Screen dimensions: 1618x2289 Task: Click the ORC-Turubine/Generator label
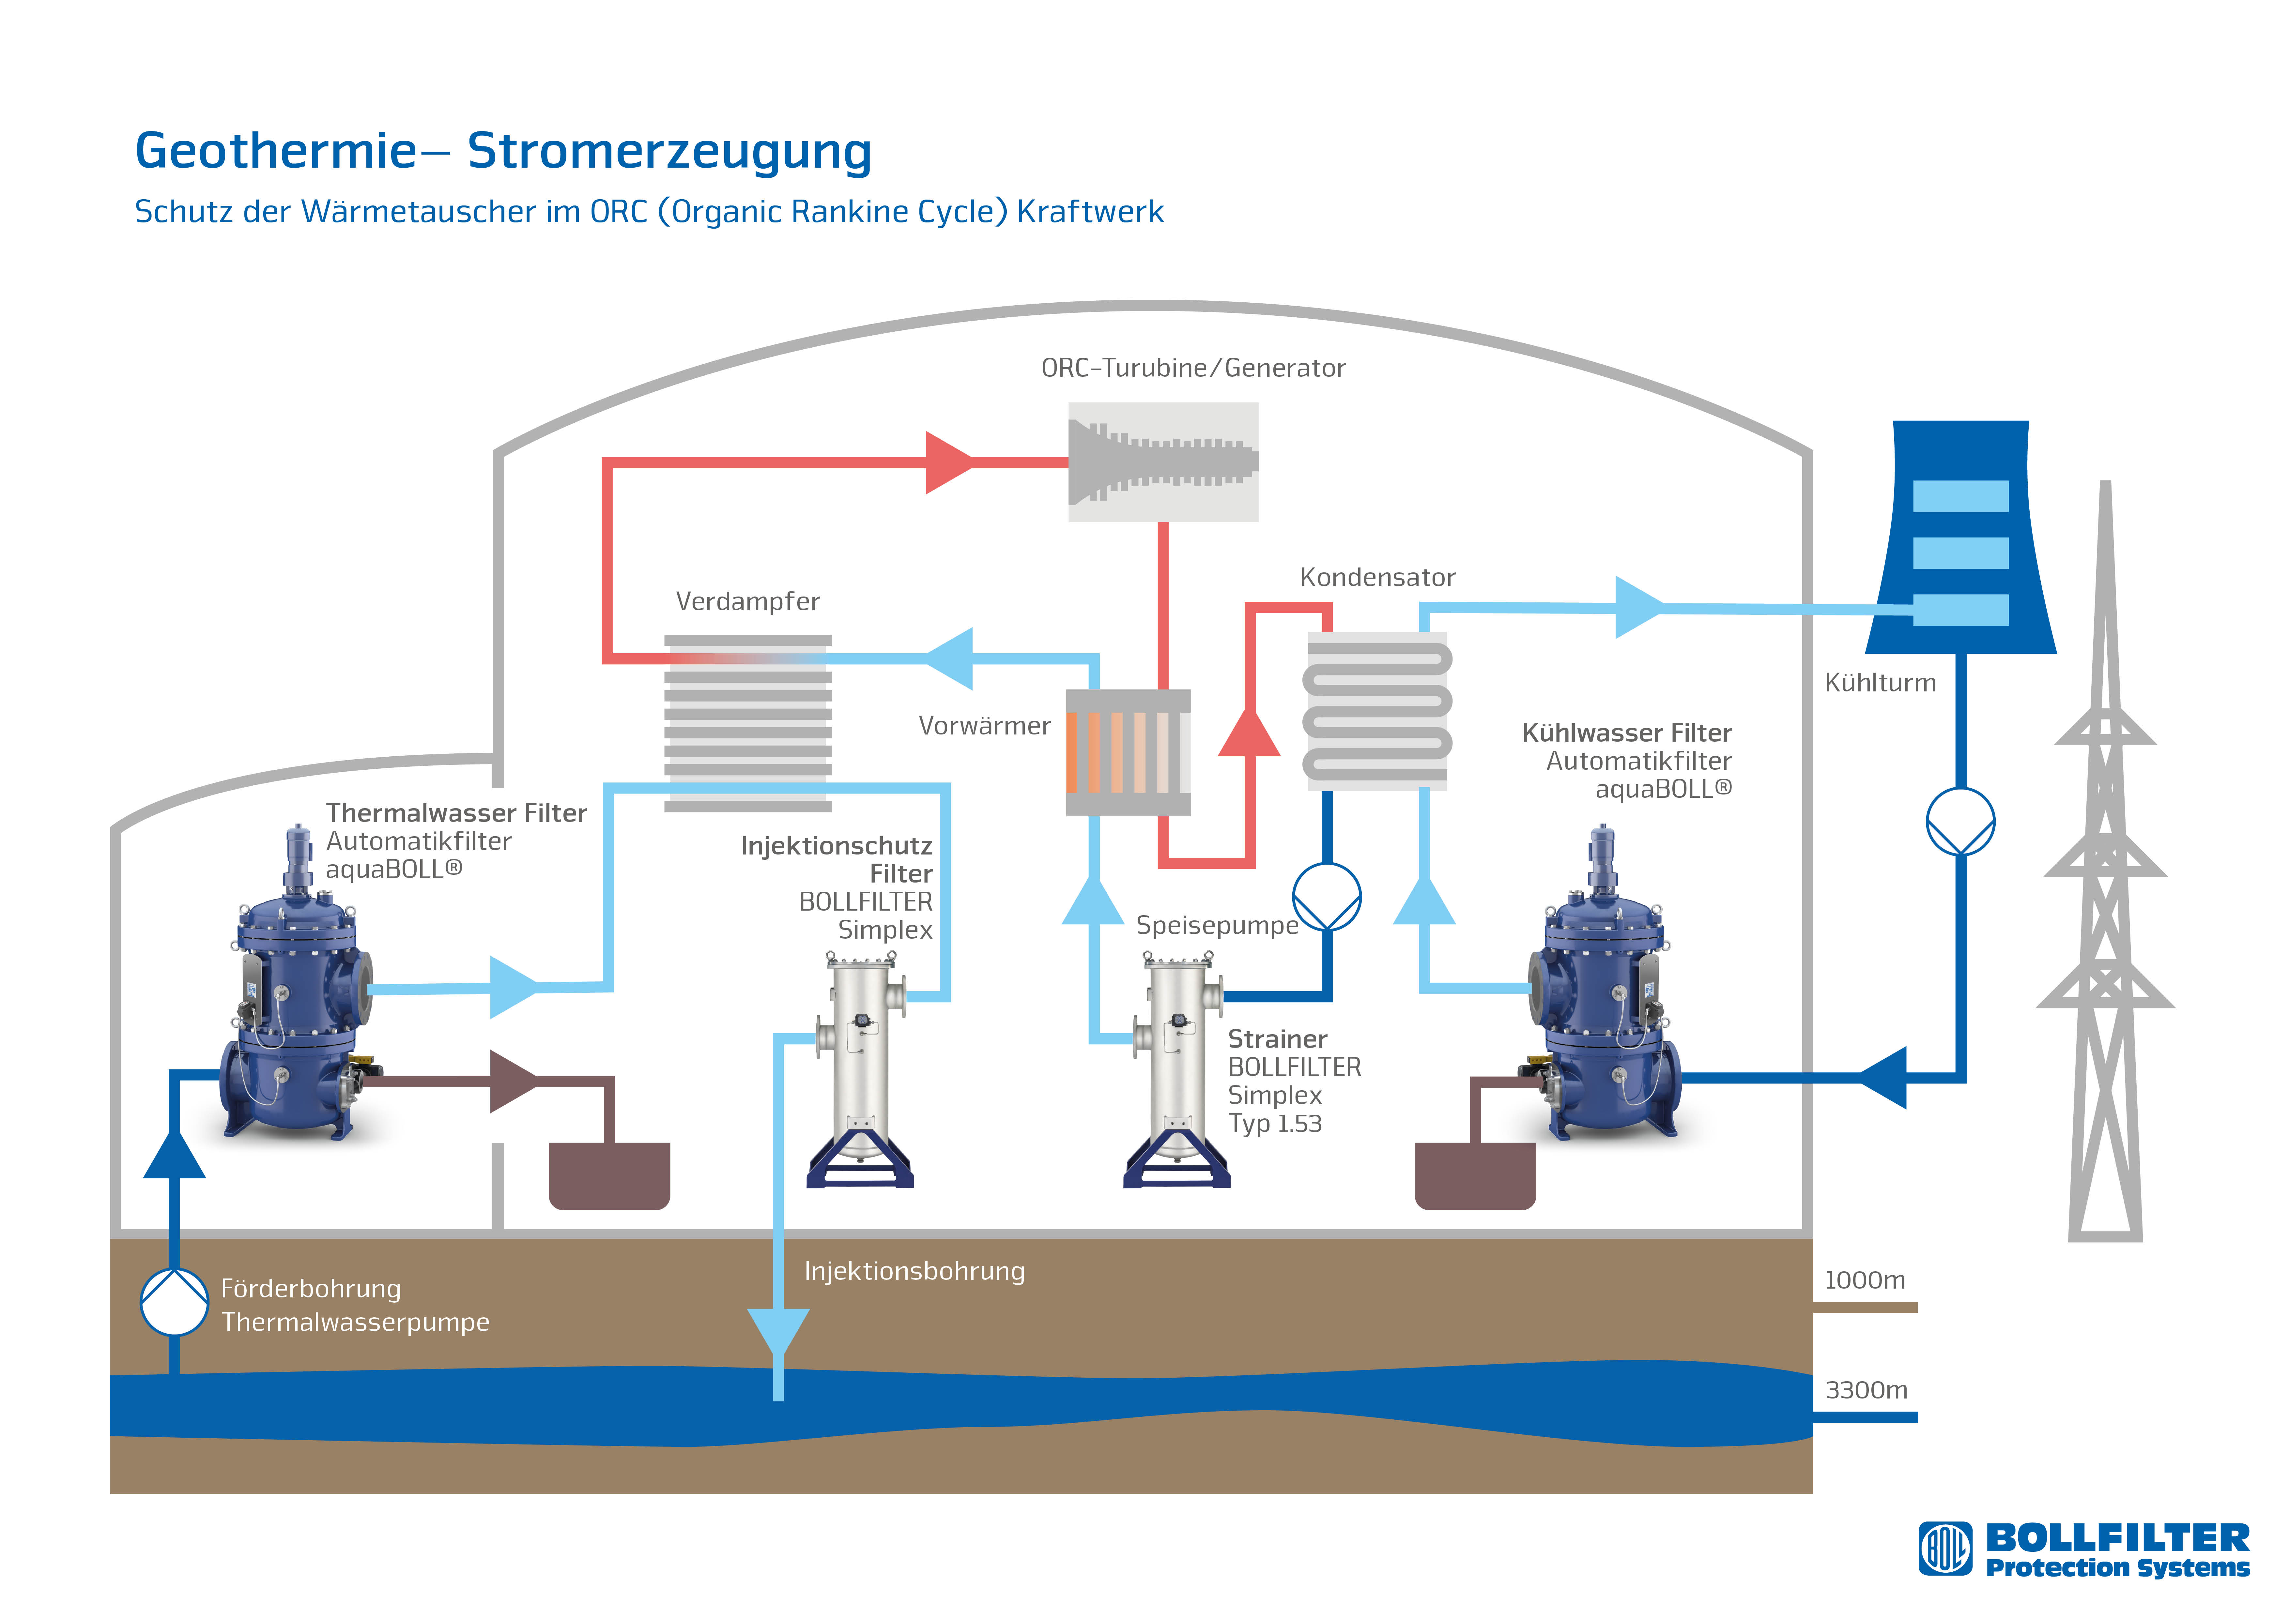click(1192, 368)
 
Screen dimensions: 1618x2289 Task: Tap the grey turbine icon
click(1162, 461)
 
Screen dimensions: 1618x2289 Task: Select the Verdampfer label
click(748, 601)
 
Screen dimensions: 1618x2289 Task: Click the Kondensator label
click(1377, 577)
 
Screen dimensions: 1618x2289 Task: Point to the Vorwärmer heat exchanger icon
click(1128, 753)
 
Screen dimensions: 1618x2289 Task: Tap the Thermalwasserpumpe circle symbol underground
click(175, 1301)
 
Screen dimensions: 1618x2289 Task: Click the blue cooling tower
click(1960, 538)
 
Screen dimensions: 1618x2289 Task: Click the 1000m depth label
click(1864, 1280)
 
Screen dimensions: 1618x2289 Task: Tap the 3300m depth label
click(1865, 1390)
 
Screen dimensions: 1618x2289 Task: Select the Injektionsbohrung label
click(914, 1271)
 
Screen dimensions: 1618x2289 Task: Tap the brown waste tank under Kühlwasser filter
click(1474, 1176)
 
